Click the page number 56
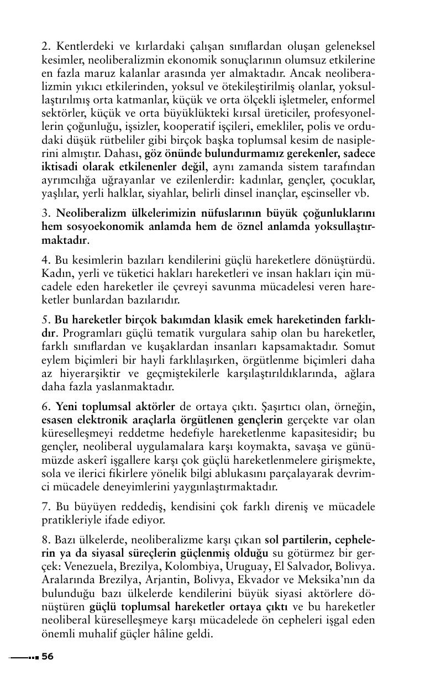point(48,656)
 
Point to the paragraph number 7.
point(45,506)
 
